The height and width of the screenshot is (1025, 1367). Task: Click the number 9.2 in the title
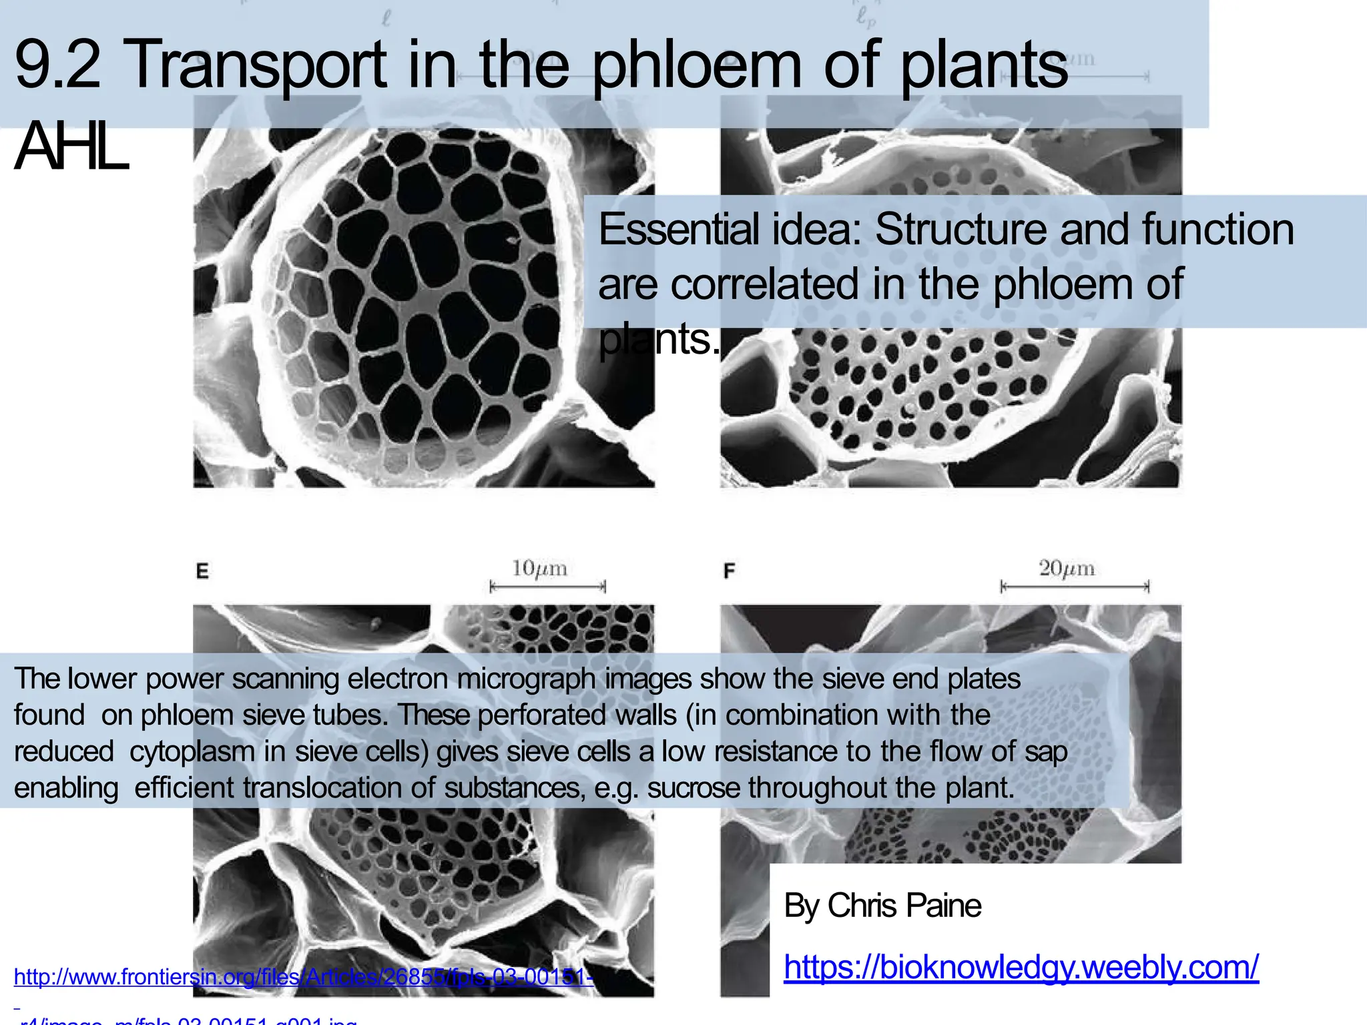(57, 65)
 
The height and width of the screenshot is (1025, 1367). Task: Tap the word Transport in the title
(255, 65)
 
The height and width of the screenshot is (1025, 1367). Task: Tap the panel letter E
(202, 571)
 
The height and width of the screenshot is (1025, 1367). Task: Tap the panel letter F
(730, 571)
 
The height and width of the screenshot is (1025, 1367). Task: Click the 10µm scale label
(539, 569)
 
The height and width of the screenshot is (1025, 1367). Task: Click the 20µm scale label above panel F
(1067, 569)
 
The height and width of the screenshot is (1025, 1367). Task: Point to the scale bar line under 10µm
(547, 587)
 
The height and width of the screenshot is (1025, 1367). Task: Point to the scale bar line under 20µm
(1075, 587)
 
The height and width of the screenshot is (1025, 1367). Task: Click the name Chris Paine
(904, 906)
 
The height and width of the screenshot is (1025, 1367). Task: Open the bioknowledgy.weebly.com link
(1021, 966)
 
